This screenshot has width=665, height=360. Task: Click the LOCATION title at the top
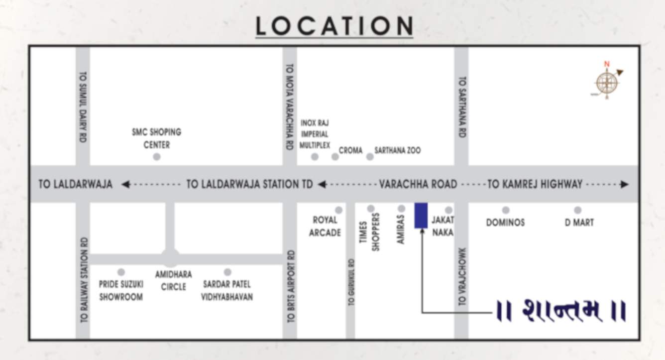point(334,26)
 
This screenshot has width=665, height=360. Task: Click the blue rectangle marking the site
point(421,215)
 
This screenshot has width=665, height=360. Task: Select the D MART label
point(579,223)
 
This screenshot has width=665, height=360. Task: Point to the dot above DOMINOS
point(506,210)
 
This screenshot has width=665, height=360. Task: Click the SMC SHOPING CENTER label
point(156,138)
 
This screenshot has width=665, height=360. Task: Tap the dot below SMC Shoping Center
point(157,157)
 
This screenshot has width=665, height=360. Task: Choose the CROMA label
point(350,150)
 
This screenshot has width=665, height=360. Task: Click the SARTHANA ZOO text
point(397,150)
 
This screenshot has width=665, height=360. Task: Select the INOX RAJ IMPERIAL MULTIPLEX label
point(315,134)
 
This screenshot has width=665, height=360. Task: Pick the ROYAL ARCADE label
point(325,226)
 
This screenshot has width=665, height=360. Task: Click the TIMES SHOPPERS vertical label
point(369,232)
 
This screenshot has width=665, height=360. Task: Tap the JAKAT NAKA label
point(443,226)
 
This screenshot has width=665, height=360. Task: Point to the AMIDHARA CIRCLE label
point(173,280)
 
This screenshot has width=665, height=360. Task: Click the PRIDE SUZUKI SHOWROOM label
point(120,290)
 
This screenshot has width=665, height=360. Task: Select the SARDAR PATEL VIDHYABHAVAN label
point(226,290)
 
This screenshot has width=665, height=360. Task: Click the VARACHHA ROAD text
point(418,184)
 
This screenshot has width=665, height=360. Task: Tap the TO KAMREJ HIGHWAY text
point(535,184)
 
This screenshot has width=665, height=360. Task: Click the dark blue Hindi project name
point(561,311)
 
